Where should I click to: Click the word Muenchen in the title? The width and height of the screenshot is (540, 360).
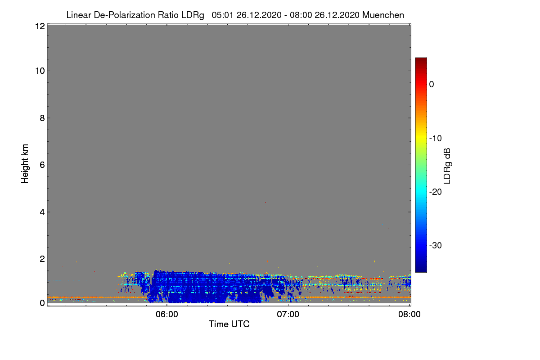pyautogui.click(x=383, y=15)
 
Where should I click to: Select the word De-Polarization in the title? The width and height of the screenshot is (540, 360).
pyautogui.click(x=124, y=15)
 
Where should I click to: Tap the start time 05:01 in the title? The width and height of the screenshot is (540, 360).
pyautogui.click(x=222, y=15)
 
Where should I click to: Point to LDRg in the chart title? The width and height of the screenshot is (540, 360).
pyautogui.click(x=193, y=15)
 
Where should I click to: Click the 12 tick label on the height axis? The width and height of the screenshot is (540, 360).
pyautogui.click(x=40, y=26)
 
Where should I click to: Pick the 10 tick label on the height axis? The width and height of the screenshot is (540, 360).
pyautogui.click(x=40, y=71)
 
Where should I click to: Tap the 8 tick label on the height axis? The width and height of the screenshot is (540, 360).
pyautogui.click(x=42, y=118)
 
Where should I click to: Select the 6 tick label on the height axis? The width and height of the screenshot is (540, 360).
pyautogui.click(x=42, y=165)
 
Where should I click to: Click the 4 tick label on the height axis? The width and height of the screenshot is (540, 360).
pyautogui.click(x=42, y=212)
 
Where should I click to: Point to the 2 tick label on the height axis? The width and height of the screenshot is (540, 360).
pyautogui.click(x=42, y=259)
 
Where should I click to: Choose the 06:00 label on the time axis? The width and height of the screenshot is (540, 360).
pyautogui.click(x=167, y=315)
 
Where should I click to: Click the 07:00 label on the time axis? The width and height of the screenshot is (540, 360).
pyautogui.click(x=288, y=315)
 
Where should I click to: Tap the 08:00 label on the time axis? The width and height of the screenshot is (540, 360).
pyautogui.click(x=409, y=315)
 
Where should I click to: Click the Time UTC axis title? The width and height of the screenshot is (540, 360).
pyautogui.click(x=229, y=324)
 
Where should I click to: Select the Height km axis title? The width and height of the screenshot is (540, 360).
pyautogui.click(x=25, y=164)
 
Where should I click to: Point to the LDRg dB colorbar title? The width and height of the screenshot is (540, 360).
pyautogui.click(x=447, y=166)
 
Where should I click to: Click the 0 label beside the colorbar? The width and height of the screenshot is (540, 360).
pyautogui.click(x=432, y=85)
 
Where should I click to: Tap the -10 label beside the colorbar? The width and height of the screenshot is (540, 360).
pyautogui.click(x=436, y=139)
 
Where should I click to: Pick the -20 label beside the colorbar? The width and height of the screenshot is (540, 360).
pyautogui.click(x=436, y=192)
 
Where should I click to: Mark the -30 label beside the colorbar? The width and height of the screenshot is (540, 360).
pyautogui.click(x=436, y=245)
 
